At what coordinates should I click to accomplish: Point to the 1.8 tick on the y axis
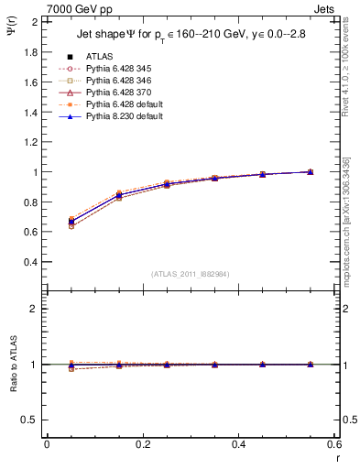click(x=31, y=52)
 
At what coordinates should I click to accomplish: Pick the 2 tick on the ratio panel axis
click(x=37, y=310)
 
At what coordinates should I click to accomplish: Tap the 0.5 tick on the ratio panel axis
click(x=31, y=420)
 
